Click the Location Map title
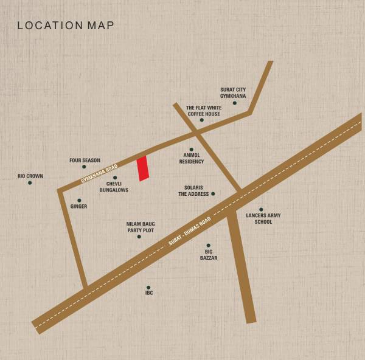point(65,26)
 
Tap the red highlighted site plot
point(143,168)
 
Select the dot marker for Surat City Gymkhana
point(234,103)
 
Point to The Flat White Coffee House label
point(204,110)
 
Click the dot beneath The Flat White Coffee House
point(201,120)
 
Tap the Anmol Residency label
point(191,159)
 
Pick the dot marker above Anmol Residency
point(191,149)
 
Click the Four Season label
point(85,161)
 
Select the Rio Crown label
point(30,176)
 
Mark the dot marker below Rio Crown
point(30,182)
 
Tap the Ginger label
point(78,207)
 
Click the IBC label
point(149,293)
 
